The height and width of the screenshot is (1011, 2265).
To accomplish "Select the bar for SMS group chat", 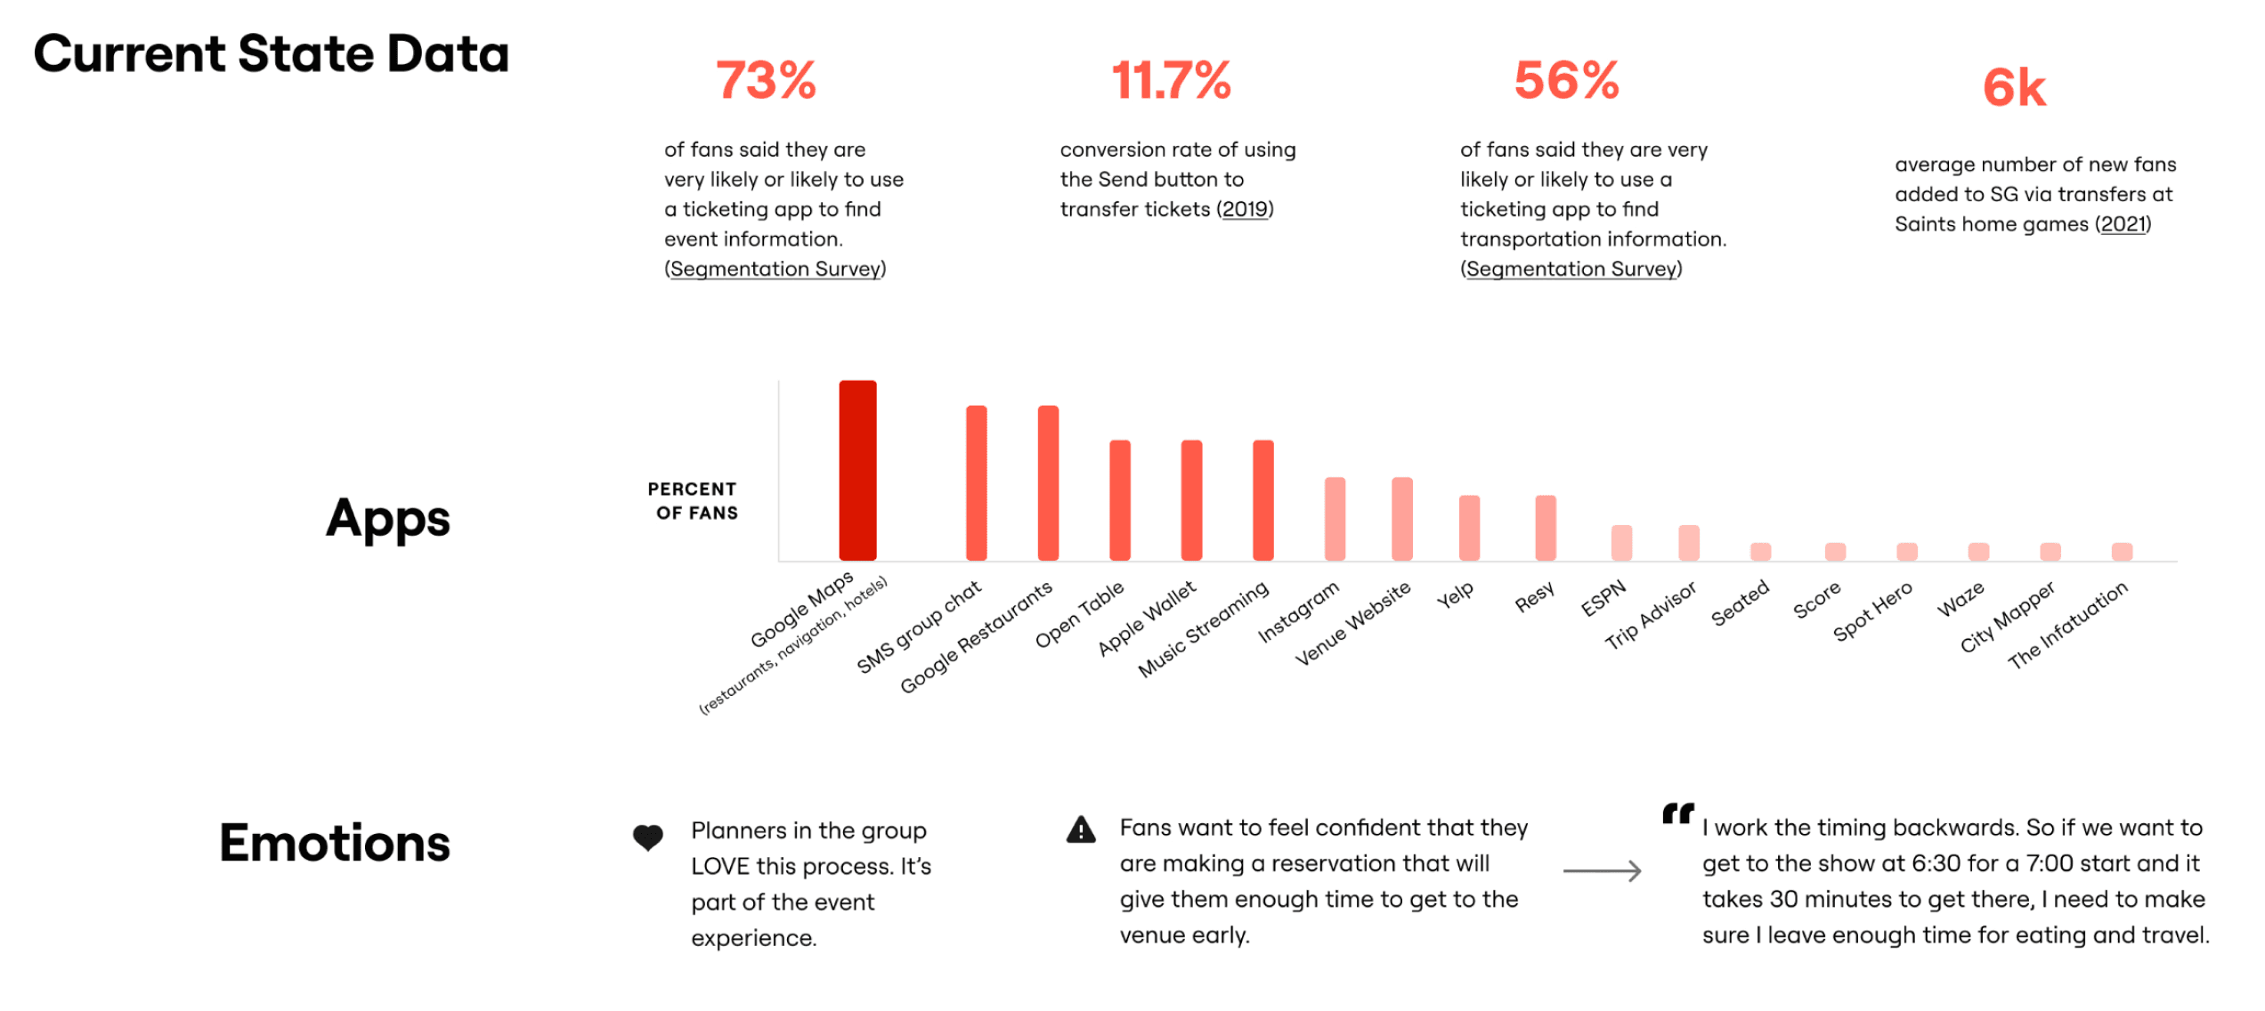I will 976,482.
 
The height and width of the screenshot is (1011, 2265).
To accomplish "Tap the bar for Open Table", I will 1119,499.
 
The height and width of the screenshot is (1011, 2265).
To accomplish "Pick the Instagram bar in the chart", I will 1334,518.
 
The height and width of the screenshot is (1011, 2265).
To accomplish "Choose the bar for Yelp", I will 1469,527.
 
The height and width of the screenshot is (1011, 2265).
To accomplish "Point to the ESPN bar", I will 1621,542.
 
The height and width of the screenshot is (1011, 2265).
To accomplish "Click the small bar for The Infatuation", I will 2122,551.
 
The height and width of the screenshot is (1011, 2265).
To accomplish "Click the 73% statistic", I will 766,80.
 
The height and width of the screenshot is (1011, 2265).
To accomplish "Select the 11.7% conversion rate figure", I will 1171,80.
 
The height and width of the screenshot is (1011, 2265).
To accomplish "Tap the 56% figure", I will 1566,80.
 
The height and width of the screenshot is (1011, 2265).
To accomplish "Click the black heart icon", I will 647,837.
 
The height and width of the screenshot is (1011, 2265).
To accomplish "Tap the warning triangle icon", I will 1080,830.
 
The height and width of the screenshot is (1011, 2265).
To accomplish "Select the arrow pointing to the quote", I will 1602,870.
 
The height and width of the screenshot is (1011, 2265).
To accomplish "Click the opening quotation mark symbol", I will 1677,813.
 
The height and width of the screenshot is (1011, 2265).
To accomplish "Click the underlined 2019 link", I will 1245,209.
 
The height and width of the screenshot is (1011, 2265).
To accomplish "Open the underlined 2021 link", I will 2123,224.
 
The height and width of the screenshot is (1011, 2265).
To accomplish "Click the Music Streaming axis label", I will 1204,629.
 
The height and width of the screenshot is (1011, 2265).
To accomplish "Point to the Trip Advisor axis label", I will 1651,616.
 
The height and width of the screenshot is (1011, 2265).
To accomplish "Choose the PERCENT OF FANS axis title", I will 694,501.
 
